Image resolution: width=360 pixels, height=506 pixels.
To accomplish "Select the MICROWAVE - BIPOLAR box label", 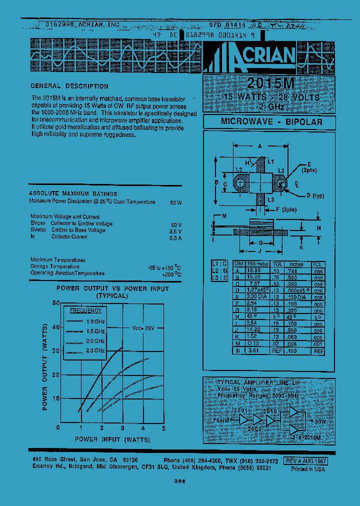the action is pyautogui.click(x=271, y=122).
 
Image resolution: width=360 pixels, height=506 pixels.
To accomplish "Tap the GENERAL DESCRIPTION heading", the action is pyautogui.click(x=69, y=86).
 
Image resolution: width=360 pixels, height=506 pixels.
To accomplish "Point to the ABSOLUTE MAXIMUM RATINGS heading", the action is pyautogui.click(x=73, y=193).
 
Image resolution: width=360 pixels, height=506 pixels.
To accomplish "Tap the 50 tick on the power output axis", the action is pyautogui.click(x=55, y=303).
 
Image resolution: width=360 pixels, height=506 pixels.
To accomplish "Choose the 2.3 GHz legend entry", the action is pyautogui.click(x=95, y=351).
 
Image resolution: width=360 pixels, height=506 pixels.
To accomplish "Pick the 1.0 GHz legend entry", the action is pyautogui.click(x=95, y=321).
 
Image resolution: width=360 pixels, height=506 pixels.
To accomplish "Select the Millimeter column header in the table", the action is pyautogui.click(x=258, y=264).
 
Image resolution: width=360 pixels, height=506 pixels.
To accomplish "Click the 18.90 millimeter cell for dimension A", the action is pyautogui.click(x=255, y=270).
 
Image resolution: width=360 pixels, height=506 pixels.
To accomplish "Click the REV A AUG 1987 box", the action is pyautogui.click(x=305, y=461).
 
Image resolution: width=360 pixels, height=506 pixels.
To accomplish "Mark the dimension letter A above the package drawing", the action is pyautogui.click(x=259, y=146).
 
